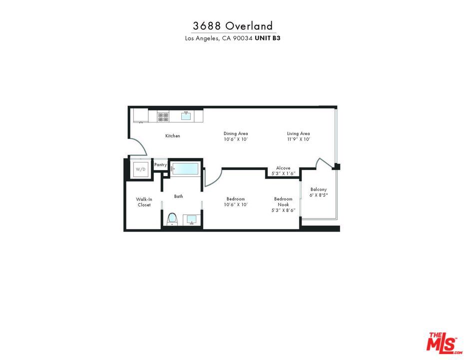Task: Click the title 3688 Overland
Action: [233, 26]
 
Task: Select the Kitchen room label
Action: [173, 136]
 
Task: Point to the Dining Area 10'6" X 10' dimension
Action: [236, 139]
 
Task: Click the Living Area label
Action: [298, 133]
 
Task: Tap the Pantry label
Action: [160, 165]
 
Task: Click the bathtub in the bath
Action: [186, 169]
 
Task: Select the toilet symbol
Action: [172, 218]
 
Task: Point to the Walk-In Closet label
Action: [144, 202]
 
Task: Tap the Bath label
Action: [178, 196]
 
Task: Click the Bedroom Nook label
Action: [283, 202]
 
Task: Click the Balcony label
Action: [318, 189]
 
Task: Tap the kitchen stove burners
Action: [163, 116]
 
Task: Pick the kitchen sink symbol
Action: [186, 116]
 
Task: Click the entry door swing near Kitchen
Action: [138, 148]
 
